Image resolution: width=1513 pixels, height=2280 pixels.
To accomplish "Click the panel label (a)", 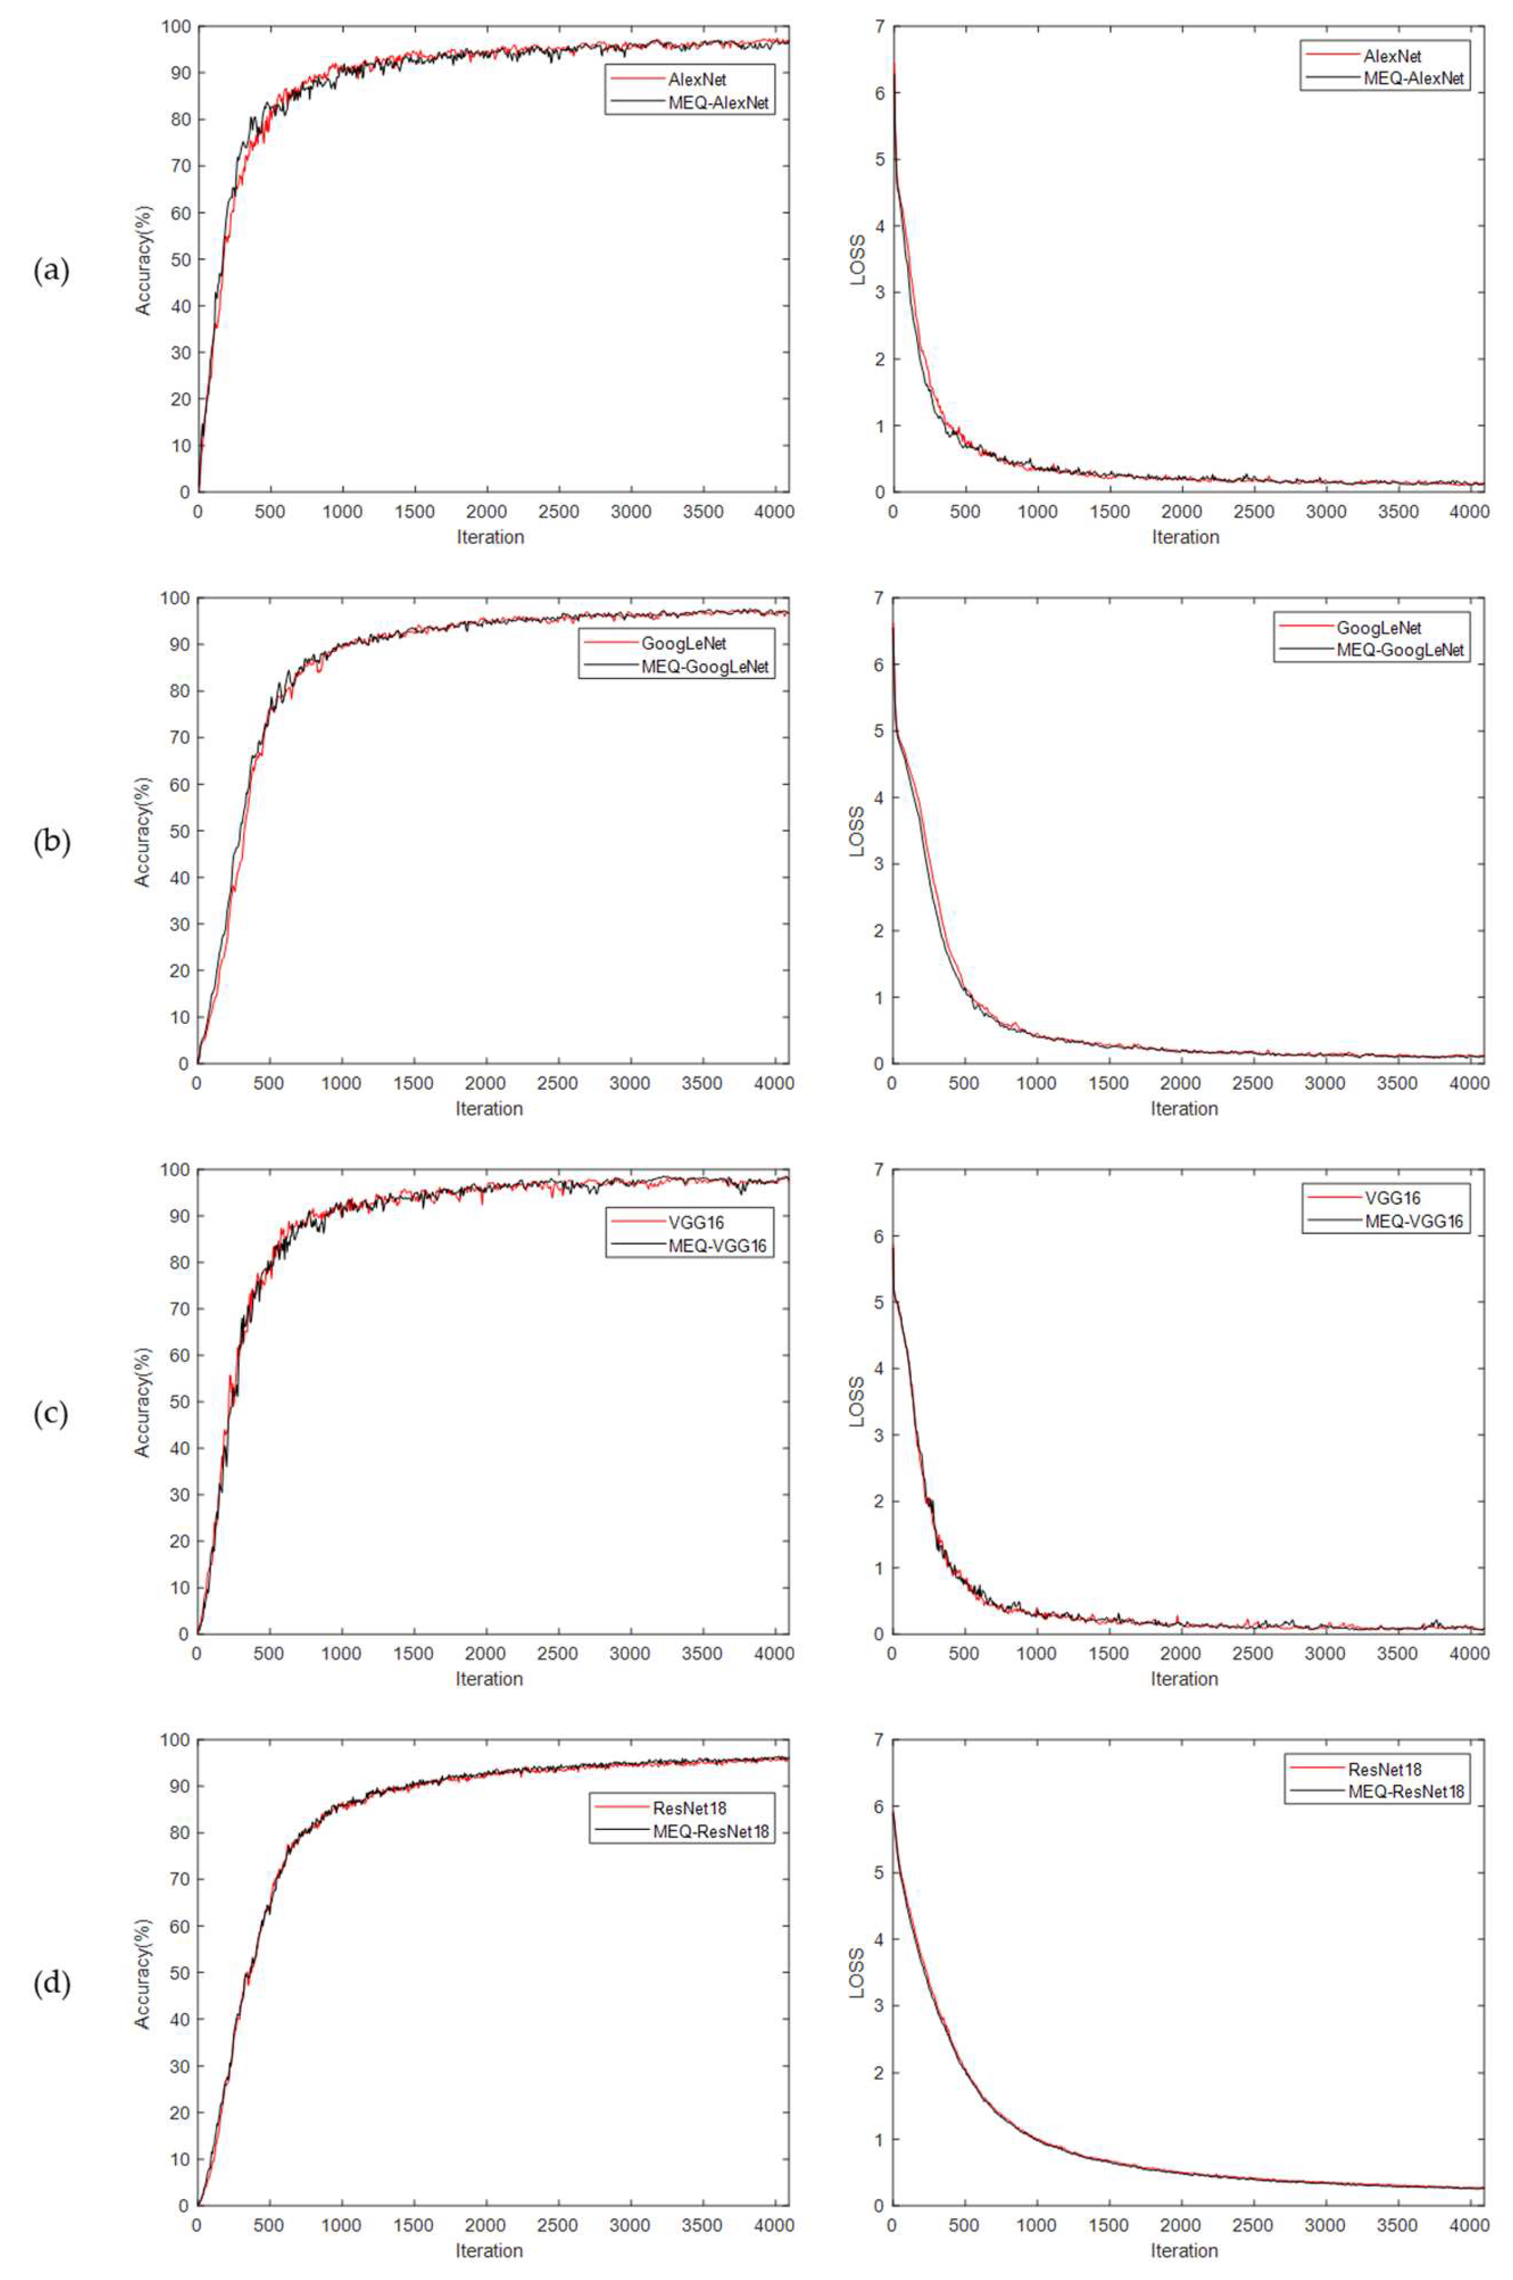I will point(51,271).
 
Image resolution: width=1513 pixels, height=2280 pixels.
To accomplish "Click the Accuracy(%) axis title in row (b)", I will point(143,832).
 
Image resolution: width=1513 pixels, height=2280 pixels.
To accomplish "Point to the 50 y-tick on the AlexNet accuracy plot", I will point(180,259).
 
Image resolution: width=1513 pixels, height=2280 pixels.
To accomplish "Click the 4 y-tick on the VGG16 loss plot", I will point(878,1367).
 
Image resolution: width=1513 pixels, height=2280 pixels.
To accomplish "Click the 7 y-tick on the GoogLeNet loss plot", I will point(878,598).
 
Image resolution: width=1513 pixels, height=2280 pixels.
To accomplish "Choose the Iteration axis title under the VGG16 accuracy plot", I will point(489,1679).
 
